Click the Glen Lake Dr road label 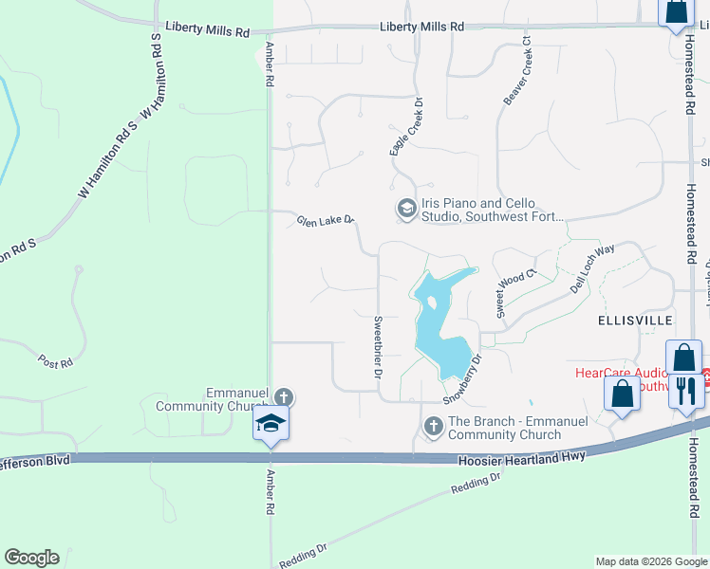pos(325,221)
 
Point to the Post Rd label pos(54,361)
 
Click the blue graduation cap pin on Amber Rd pos(271,423)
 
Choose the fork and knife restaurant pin pos(687,390)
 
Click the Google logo pos(31,558)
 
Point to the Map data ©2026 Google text pos(651,561)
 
